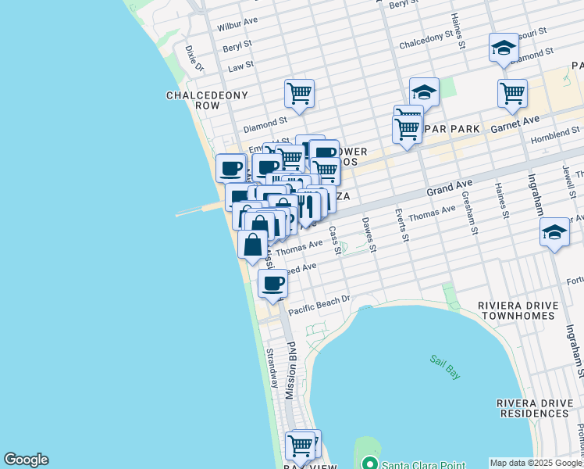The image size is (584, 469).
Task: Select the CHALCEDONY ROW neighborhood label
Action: coord(207,100)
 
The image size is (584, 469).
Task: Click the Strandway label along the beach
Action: coord(272,368)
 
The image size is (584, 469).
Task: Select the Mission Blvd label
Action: coord(290,374)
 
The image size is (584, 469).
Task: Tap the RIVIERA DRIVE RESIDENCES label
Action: coord(539,408)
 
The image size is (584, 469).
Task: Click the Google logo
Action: coord(26,460)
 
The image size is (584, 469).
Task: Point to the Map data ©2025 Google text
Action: coord(536,463)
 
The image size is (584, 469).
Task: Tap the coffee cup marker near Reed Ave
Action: coord(272,285)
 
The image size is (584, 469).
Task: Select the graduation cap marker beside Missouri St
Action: coord(504,49)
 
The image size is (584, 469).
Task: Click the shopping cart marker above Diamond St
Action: coord(299,95)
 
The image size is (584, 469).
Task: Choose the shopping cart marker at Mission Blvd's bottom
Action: coord(300,446)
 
